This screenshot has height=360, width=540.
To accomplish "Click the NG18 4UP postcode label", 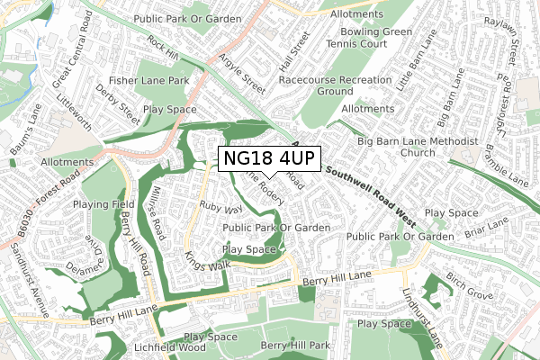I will tap(269, 158).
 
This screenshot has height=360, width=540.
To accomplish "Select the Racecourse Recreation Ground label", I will tap(336, 85).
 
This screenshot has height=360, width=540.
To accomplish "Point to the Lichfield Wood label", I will tap(171, 346).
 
